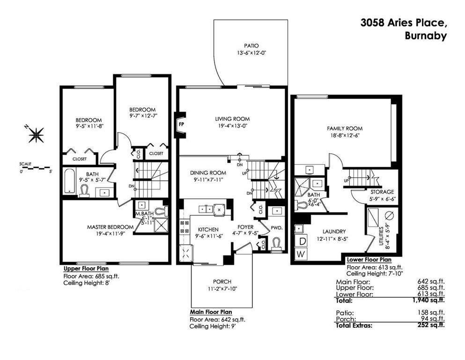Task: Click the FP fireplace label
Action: coord(181,124)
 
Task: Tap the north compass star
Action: coord(36,135)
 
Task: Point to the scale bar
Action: coord(36,168)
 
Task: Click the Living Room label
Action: coord(232,119)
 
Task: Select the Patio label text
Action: coord(251,46)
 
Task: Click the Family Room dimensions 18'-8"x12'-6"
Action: coord(344,135)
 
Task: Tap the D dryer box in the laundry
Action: coord(302,241)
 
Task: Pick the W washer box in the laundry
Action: coord(302,254)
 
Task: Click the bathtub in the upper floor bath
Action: coord(70,181)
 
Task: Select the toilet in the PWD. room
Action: coord(276,244)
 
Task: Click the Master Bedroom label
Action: coord(110,227)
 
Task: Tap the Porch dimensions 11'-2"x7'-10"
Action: coord(222,288)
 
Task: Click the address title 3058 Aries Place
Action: coord(404,23)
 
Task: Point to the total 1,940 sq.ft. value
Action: coord(428,300)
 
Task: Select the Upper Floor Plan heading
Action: coord(86,269)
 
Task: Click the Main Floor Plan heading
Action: coord(211,312)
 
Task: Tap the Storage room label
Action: coord(382,192)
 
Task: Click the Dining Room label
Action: coord(208,172)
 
